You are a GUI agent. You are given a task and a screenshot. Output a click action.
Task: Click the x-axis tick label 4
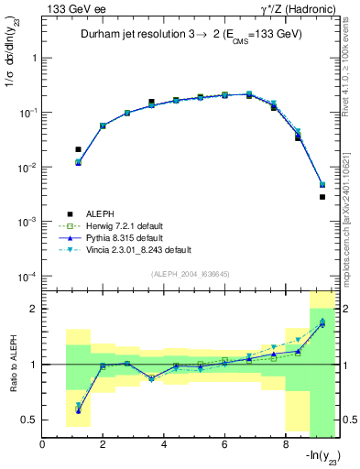pyautogui.click(x=164, y=446)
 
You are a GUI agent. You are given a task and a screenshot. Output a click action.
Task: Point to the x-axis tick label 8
pyautogui.click(x=286, y=446)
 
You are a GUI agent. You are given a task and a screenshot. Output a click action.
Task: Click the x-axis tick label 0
pyautogui.click(x=43, y=446)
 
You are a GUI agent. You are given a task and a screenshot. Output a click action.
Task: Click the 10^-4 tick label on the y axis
pyautogui.click(x=26, y=277)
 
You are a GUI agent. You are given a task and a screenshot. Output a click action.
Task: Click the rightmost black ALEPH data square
pyautogui.click(x=322, y=197)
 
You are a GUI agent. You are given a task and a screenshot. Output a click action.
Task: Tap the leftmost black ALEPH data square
pyautogui.click(x=78, y=149)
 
